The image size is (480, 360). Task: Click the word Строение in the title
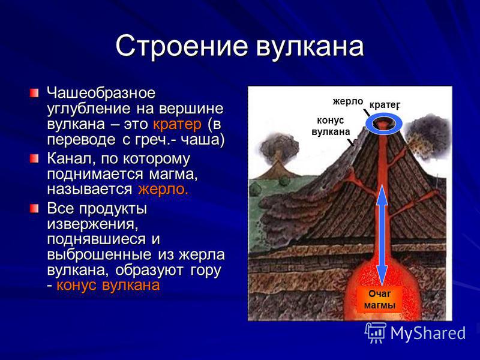coord(182,47)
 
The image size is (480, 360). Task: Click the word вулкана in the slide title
coord(310,47)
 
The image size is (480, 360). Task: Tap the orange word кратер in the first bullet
coord(177,125)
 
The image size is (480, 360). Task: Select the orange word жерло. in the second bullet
coord(163,190)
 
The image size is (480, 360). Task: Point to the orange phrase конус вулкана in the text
coord(109,286)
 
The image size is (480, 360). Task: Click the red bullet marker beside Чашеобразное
coord(34,93)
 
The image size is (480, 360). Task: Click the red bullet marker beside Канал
coord(34,158)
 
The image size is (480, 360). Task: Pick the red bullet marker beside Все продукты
coord(34,209)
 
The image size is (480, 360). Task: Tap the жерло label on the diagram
coord(348,101)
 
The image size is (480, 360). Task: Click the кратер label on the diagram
coord(385,105)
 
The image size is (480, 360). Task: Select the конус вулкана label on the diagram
coord(331,126)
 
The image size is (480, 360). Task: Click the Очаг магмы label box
coord(380,299)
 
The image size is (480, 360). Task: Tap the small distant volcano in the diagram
coord(278,166)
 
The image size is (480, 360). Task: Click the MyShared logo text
coord(428,333)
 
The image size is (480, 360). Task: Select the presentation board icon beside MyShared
coord(376,332)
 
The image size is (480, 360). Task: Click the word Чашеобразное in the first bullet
coord(101,93)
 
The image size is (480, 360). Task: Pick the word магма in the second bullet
coord(173,175)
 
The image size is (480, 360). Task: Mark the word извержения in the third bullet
coord(93,224)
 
